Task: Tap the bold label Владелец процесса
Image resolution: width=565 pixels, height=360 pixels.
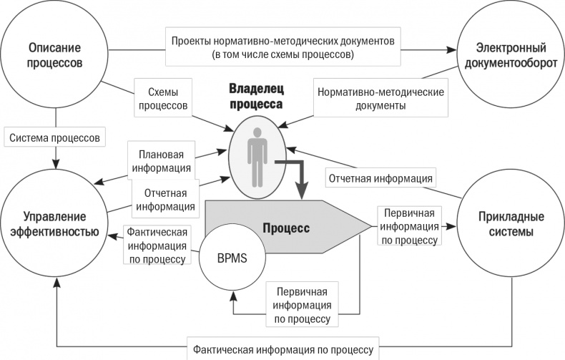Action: pyautogui.click(x=256, y=96)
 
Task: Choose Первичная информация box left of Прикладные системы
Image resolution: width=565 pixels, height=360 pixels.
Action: pyautogui.click(x=409, y=226)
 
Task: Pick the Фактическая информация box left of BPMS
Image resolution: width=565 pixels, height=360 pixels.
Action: pyautogui.click(x=156, y=245)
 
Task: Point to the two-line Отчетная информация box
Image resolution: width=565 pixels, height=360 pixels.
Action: pyautogui.click(x=165, y=200)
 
